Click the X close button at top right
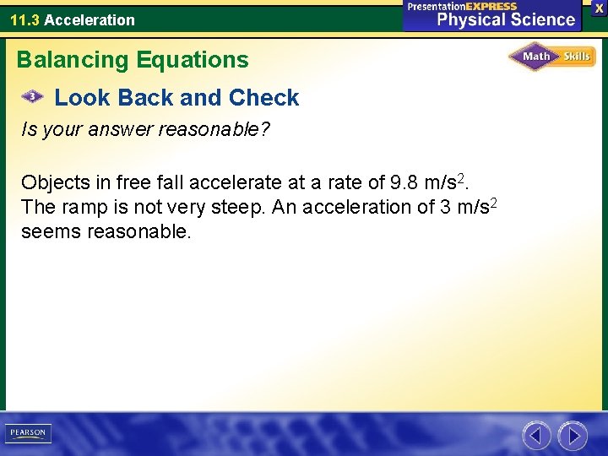[x=599, y=8]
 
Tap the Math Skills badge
[x=551, y=57]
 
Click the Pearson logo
[x=28, y=433]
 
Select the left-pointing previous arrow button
[x=536, y=436]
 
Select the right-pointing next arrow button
[x=573, y=436]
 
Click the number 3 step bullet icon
[x=32, y=97]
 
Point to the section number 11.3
[x=24, y=19]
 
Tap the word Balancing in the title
[x=70, y=60]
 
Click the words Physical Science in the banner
[x=506, y=19]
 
